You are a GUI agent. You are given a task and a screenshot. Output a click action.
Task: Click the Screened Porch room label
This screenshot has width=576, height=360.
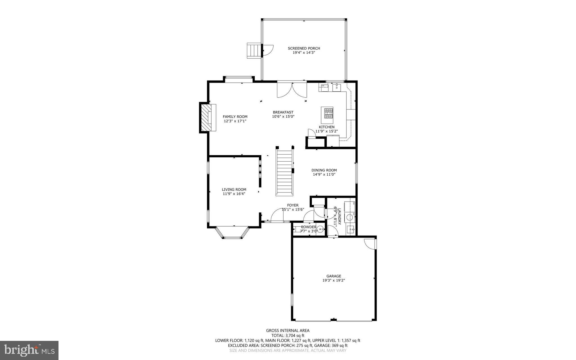304,48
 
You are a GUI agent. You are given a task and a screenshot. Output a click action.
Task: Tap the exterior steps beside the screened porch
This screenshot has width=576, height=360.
254,50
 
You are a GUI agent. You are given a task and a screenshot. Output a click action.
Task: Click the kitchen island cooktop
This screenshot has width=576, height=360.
327,115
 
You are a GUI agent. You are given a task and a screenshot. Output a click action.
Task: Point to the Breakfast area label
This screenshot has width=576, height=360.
283,112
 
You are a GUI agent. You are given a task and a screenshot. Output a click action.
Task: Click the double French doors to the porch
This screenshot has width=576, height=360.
292,90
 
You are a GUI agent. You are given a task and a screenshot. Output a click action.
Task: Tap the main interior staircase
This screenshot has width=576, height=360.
285,172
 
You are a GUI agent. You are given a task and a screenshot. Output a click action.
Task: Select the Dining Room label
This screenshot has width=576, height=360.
324,170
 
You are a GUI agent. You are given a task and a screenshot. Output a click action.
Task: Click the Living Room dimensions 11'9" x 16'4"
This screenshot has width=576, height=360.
234,194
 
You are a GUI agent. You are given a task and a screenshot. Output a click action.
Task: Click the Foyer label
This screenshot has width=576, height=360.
293,205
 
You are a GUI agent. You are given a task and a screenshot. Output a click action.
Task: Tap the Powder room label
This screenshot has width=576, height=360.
309,227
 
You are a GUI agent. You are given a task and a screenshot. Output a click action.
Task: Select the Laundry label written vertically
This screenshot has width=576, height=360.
339,216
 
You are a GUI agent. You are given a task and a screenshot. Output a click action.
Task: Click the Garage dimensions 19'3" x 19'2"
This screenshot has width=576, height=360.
334,280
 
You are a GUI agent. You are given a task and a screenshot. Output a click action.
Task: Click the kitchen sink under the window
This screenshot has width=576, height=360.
337,88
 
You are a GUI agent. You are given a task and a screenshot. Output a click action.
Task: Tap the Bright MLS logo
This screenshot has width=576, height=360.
29,350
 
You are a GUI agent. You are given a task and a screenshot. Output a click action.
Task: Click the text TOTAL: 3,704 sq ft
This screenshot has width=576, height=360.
288,336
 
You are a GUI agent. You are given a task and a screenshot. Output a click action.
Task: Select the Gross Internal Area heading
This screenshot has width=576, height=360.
288,330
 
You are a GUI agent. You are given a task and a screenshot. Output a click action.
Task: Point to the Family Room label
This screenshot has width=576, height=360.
235,117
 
